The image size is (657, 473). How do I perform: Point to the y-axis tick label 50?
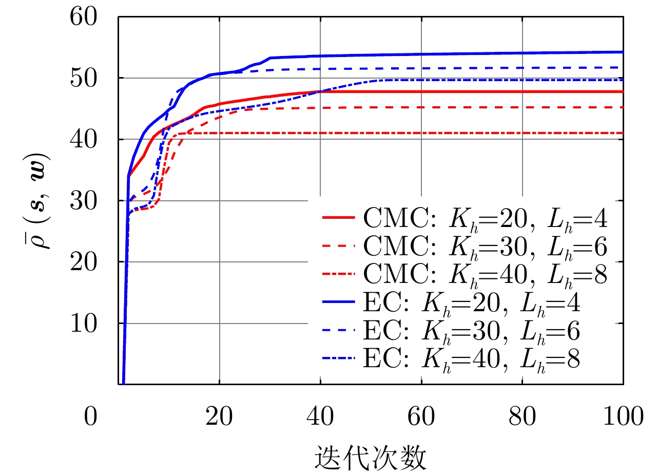[x=91, y=78]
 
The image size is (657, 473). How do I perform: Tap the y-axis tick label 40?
[x=91, y=140]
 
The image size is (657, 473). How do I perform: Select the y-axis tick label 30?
[x=91, y=201]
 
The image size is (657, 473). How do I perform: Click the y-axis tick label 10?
[x=91, y=324]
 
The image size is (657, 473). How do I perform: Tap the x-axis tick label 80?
[x=522, y=417]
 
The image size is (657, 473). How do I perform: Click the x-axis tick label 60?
[x=421, y=417]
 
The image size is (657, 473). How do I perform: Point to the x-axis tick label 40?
[x=320, y=417]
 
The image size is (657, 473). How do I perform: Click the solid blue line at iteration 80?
[x=522, y=53]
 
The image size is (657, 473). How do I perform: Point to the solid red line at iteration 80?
[x=522, y=91]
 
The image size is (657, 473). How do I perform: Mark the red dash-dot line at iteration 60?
[x=421, y=133]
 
